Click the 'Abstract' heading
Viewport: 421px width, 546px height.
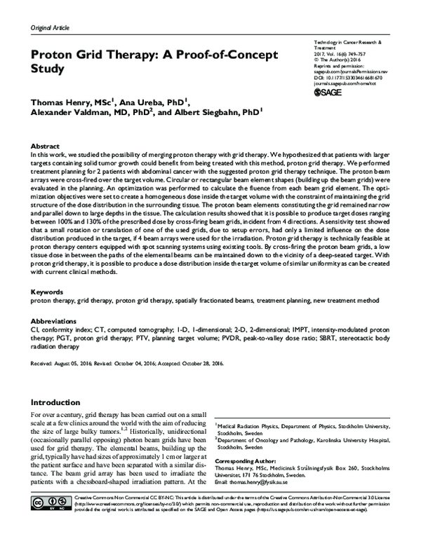[x=44, y=144]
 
